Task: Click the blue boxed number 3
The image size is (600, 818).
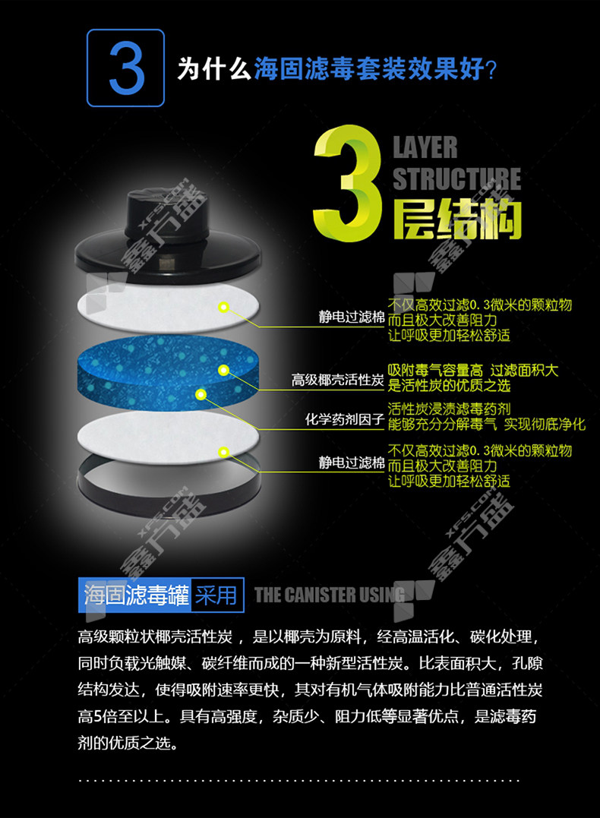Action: [x=126, y=68]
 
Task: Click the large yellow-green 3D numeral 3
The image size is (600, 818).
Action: [x=349, y=183]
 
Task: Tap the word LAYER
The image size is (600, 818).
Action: [x=425, y=147]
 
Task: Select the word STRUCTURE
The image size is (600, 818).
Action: [x=456, y=178]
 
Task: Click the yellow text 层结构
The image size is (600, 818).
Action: [x=457, y=220]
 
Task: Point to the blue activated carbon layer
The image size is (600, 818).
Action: [x=168, y=371]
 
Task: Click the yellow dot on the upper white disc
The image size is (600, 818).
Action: [x=224, y=308]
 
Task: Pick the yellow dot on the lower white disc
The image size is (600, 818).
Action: [x=223, y=453]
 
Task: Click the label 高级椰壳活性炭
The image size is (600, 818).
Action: [x=337, y=380]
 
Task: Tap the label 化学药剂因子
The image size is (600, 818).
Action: [x=344, y=419]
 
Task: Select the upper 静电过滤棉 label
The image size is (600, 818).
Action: [x=351, y=317]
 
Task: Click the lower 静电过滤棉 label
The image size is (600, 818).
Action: [x=351, y=463]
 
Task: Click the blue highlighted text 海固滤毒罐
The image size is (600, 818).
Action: [x=136, y=595]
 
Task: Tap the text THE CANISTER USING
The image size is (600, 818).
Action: [x=329, y=594]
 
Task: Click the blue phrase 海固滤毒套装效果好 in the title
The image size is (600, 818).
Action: [x=369, y=69]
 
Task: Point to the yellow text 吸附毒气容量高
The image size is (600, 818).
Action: [x=435, y=371]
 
